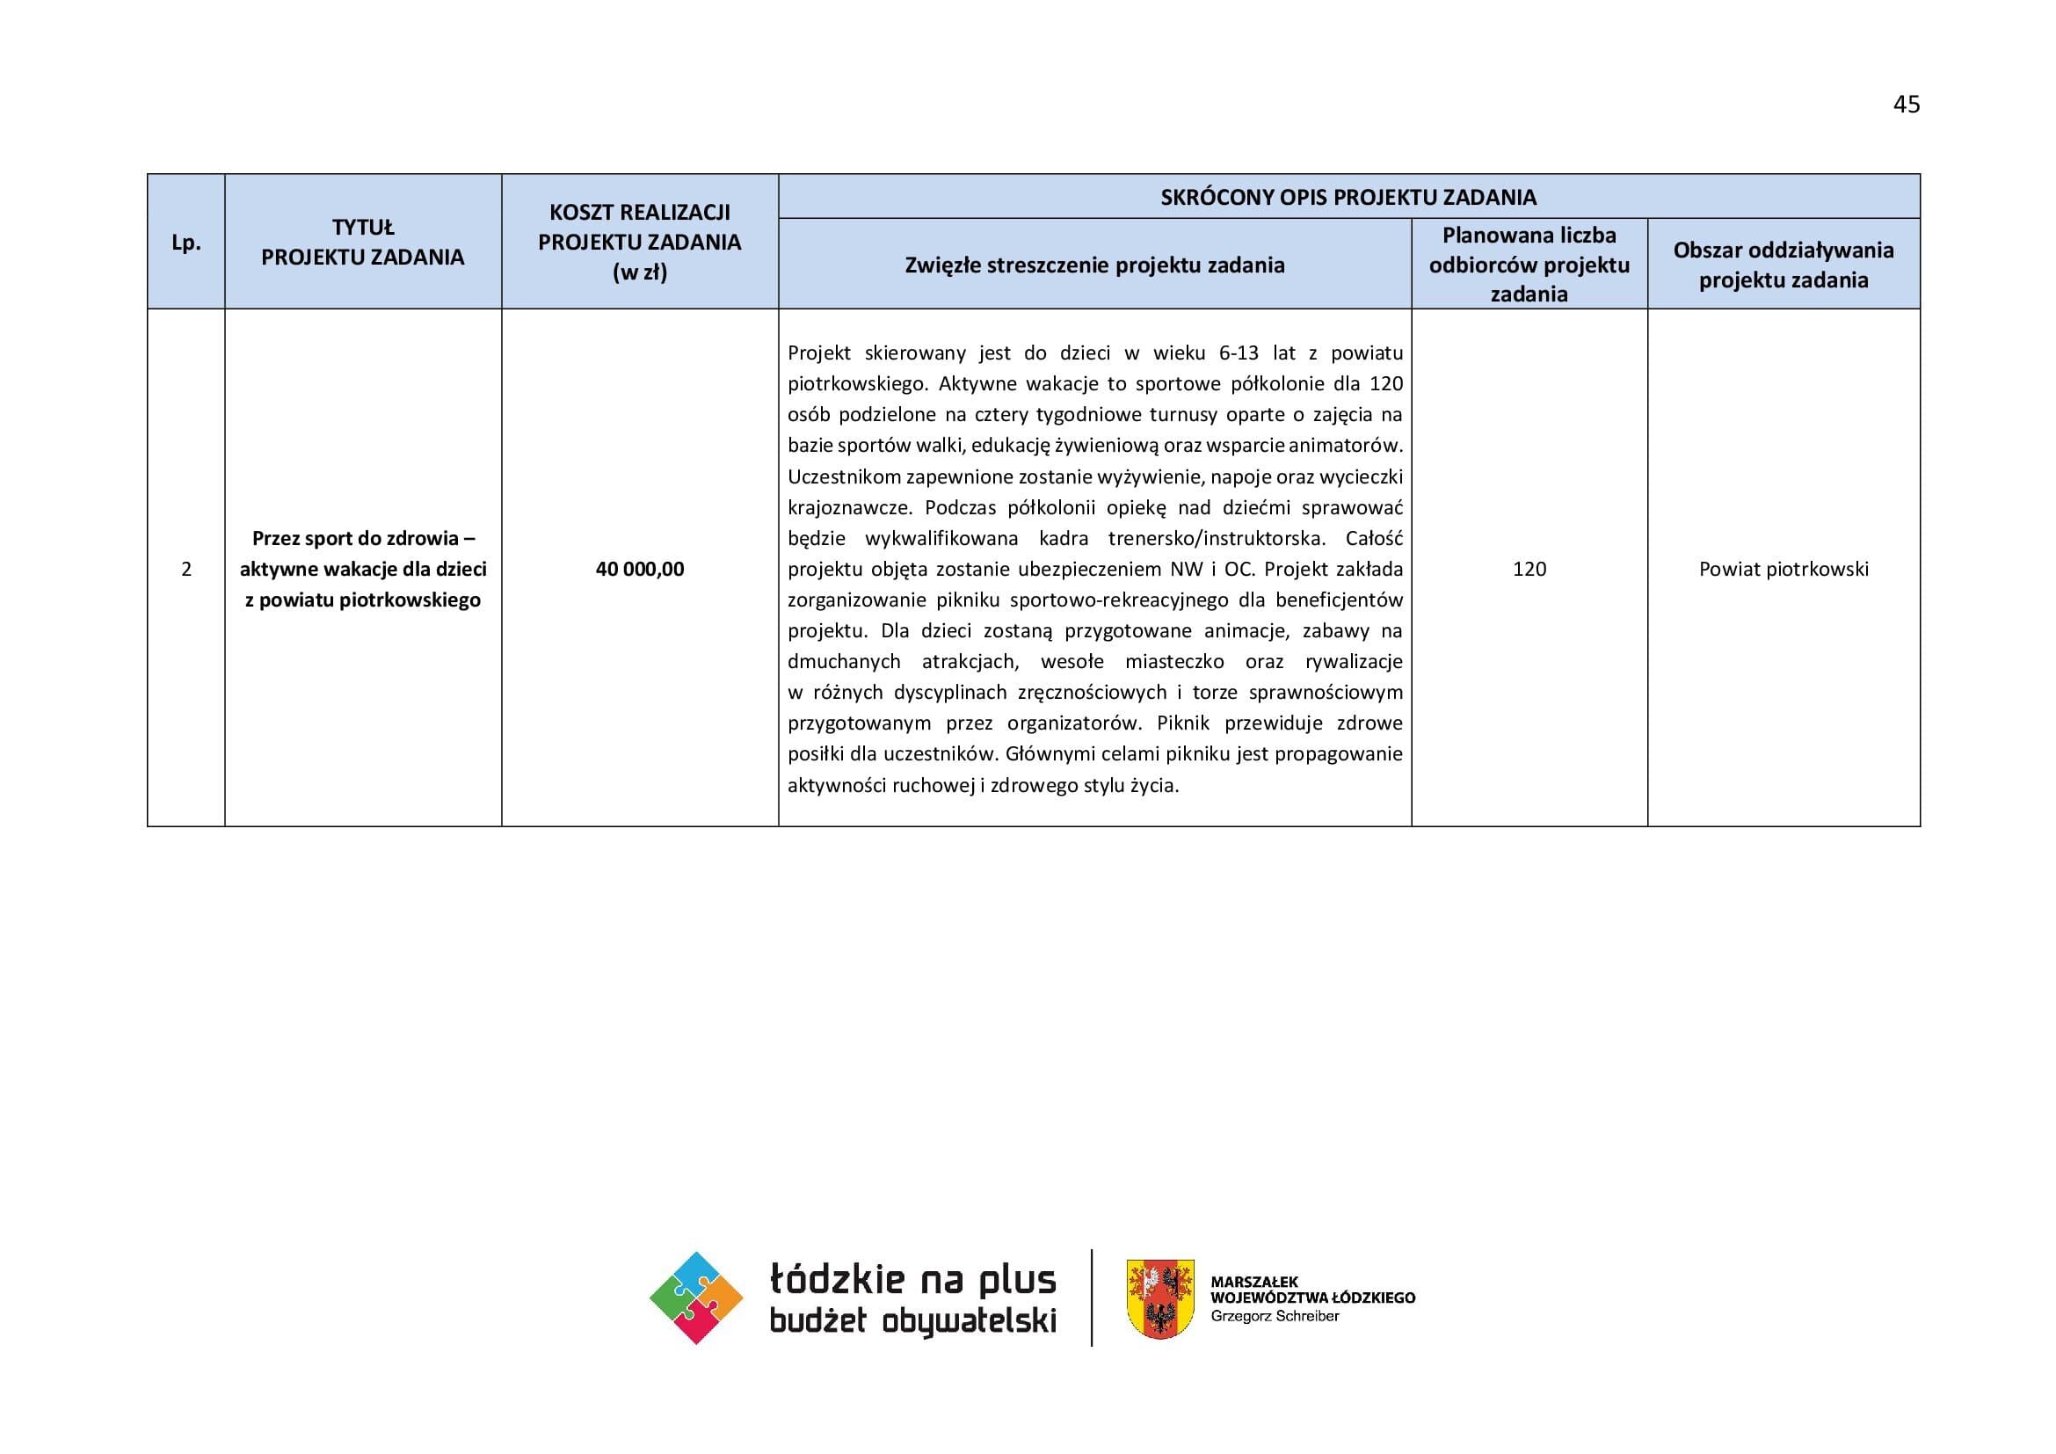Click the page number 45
click(1906, 105)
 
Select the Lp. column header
click(185, 243)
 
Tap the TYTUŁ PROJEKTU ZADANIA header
click(363, 243)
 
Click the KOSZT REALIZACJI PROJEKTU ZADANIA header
click(639, 242)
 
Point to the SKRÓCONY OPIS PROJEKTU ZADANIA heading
click(1348, 197)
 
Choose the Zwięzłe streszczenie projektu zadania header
click(1094, 265)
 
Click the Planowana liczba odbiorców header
click(1529, 264)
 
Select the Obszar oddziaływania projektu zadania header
click(1783, 265)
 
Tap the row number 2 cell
click(185, 569)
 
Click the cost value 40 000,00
click(639, 569)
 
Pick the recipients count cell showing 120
click(1529, 569)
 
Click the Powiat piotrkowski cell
click(1783, 569)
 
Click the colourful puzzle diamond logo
click(696, 1298)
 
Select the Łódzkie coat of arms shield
click(1159, 1298)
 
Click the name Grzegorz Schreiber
click(1275, 1316)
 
